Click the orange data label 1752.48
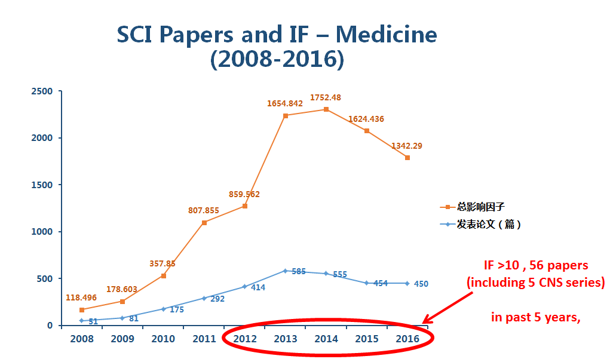(326, 97)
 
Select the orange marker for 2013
(286, 116)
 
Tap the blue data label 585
(298, 272)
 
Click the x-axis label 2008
(82, 339)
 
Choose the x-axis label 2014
(326, 339)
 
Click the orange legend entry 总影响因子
(480, 207)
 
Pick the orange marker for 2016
(407, 158)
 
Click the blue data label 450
(421, 284)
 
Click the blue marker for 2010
(163, 309)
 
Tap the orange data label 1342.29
(407, 146)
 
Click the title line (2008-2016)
(277, 60)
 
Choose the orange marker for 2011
(204, 222)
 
